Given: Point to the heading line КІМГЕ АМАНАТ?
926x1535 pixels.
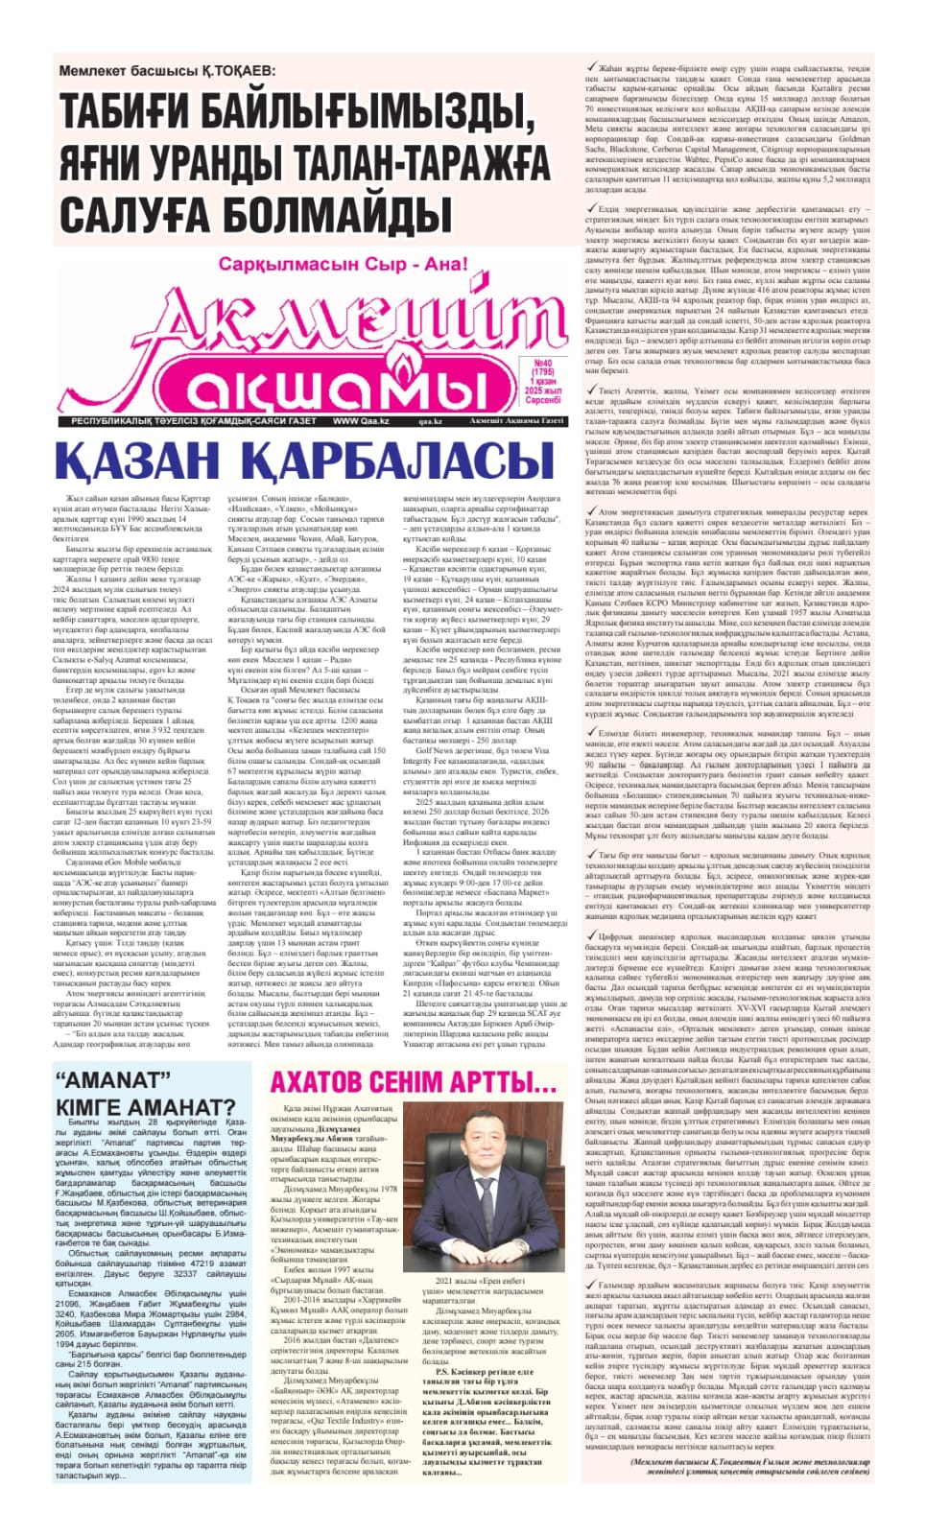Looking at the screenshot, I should click(144, 1108).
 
